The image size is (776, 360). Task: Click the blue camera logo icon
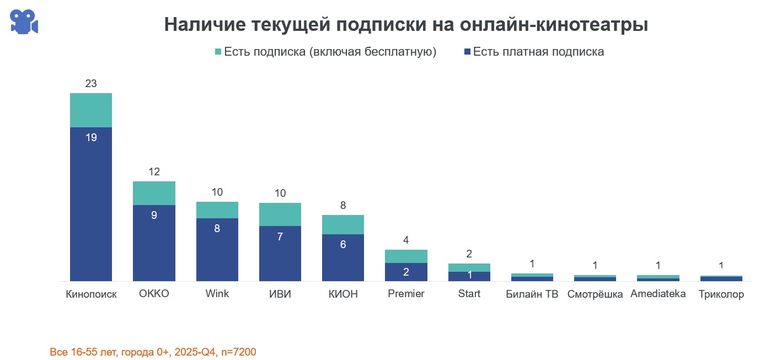pyautogui.click(x=24, y=22)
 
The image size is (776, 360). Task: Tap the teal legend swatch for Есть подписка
pyautogui.click(x=218, y=52)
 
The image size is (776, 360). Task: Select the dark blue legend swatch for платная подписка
pyautogui.click(x=467, y=52)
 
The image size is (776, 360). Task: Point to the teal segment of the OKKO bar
pyautogui.click(x=154, y=193)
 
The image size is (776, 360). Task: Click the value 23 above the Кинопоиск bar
pyautogui.click(x=91, y=84)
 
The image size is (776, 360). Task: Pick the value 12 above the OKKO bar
pyautogui.click(x=154, y=171)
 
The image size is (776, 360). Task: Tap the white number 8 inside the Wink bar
pyautogui.click(x=217, y=228)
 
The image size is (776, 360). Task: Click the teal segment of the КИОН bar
pyautogui.click(x=343, y=224)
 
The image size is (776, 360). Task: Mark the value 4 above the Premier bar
pyautogui.click(x=406, y=240)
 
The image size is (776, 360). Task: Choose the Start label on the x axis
pyautogui.click(x=469, y=294)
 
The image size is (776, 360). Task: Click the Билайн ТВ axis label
pyautogui.click(x=532, y=294)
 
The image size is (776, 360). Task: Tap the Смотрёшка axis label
pyautogui.click(x=595, y=294)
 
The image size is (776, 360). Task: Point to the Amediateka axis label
pyautogui.click(x=658, y=294)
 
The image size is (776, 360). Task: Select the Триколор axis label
pyautogui.click(x=721, y=294)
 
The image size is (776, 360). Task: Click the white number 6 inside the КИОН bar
pyautogui.click(x=343, y=244)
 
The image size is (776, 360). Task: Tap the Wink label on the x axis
pyautogui.click(x=217, y=294)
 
